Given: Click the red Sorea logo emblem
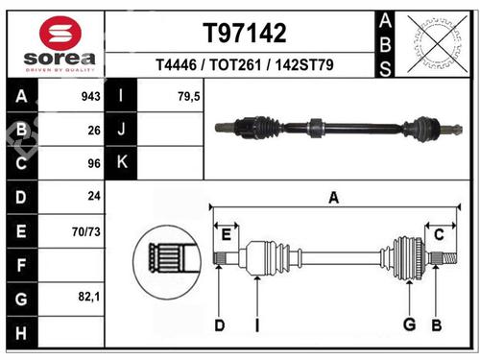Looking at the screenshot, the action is pyautogui.click(x=60, y=33).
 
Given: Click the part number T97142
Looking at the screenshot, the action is pyautogui.click(x=245, y=33).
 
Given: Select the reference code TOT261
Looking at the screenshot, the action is pyautogui.click(x=235, y=64).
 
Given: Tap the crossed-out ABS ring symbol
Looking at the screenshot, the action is pyautogui.click(x=437, y=44).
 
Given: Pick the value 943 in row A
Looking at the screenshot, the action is pyautogui.click(x=91, y=96).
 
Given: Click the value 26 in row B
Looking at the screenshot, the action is pyautogui.click(x=94, y=131).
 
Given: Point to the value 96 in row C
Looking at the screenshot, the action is pyautogui.click(x=94, y=163).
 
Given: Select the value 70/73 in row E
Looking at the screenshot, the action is pyautogui.click(x=86, y=231).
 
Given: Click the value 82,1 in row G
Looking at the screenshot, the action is pyautogui.click(x=89, y=297).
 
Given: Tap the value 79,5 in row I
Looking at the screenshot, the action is pyautogui.click(x=189, y=96).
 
